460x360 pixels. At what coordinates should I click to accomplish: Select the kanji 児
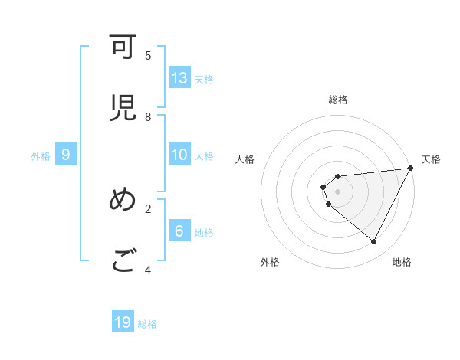pos(123,107)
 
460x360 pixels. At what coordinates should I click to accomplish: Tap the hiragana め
pos(123,200)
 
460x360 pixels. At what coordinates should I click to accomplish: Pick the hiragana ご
pos(123,261)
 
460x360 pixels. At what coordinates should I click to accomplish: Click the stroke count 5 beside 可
pos(148,55)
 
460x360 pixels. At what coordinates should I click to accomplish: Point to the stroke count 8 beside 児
pos(148,116)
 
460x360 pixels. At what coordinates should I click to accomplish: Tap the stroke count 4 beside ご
pos(148,270)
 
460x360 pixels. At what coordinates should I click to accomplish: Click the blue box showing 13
pos(179,78)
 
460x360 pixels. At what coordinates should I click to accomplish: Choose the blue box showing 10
pos(179,155)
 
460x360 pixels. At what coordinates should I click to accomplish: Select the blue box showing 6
pos(179,231)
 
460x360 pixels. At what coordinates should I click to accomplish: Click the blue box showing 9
pos(66,155)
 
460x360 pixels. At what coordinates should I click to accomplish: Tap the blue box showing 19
pos(123,322)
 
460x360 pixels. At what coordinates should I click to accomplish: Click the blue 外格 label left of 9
pos(41,156)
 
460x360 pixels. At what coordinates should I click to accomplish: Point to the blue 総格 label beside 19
pos(147,324)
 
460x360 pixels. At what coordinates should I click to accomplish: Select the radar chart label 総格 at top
pos(337,100)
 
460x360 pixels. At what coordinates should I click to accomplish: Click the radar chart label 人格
pos(245,159)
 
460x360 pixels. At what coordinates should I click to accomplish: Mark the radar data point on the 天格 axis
pos(410,169)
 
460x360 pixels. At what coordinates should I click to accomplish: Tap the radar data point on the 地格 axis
pos(374,242)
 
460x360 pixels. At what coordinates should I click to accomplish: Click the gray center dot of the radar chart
pos(337,191)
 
